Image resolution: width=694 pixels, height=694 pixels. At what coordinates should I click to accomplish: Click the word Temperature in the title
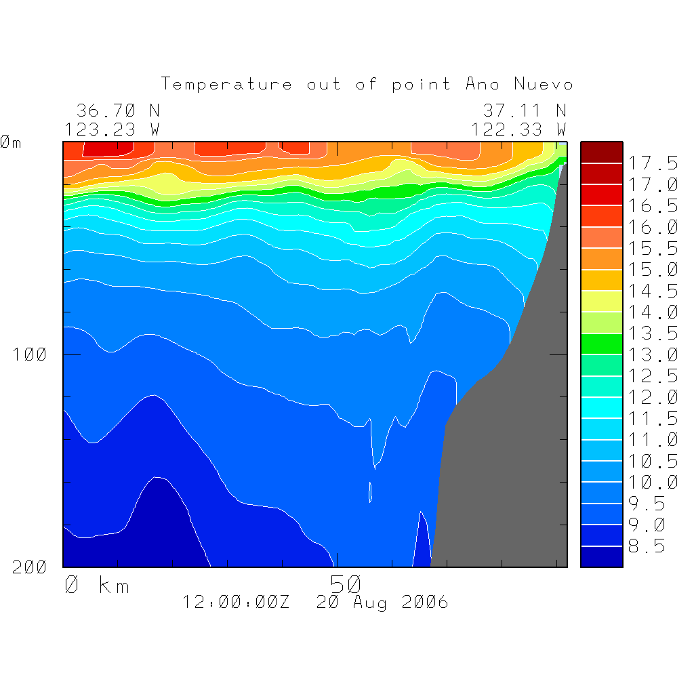(227, 85)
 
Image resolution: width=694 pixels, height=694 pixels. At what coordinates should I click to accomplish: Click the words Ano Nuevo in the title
(519, 85)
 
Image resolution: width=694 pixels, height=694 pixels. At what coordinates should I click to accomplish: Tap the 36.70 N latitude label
(118, 110)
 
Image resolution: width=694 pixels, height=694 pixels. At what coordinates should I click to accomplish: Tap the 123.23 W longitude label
(113, 129)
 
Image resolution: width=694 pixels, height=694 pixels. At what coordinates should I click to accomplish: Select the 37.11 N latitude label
(525, 110)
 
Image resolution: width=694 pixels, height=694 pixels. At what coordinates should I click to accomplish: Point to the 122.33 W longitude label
(519, 129)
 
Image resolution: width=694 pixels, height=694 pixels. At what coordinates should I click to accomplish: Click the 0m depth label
(9, 142)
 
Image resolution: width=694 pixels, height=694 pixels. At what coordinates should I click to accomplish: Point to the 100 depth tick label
(30, 354)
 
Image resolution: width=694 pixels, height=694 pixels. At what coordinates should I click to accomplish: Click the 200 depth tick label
(30, 567)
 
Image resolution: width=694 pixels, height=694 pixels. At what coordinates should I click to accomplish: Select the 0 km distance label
(97, 585)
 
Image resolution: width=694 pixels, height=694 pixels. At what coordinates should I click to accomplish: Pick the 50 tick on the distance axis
(346, 584)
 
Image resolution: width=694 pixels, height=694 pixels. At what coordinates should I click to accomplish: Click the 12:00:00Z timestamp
(236, 603)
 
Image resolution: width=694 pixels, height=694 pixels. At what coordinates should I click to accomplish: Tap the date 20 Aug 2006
(382, 603)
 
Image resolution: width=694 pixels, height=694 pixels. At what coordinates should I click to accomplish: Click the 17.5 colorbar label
(652, 163)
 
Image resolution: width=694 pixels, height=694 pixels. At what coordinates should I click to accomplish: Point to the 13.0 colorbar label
(652, 354)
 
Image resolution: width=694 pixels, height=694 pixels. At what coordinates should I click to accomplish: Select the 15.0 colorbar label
(652, 270)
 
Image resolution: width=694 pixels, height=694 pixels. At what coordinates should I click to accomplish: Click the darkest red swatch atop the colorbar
(601, 152)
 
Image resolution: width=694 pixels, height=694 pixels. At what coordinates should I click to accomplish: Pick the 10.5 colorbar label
(652, 461)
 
